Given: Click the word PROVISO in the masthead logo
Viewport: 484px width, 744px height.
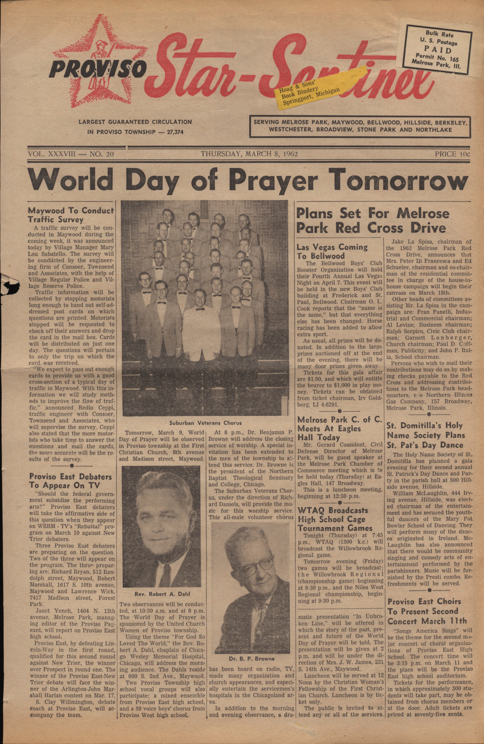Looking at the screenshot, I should tap(98, 68).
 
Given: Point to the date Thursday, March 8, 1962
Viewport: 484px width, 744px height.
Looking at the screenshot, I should tap(249, 154).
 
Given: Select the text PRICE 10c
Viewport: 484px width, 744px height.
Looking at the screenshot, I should tap(452, 154).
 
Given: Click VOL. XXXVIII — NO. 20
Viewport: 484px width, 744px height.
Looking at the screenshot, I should tap(71, 154).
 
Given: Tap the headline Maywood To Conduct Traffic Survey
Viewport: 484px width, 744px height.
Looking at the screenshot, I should tap(71, 215).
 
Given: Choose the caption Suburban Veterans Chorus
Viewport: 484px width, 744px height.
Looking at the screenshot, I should tap(205, 423).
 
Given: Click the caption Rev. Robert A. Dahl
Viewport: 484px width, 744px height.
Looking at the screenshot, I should tap(162, 594).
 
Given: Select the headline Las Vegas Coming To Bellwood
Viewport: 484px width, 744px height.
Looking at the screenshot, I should tap(332, 251).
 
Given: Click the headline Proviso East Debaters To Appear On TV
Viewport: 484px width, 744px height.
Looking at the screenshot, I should tap(70, 481).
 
